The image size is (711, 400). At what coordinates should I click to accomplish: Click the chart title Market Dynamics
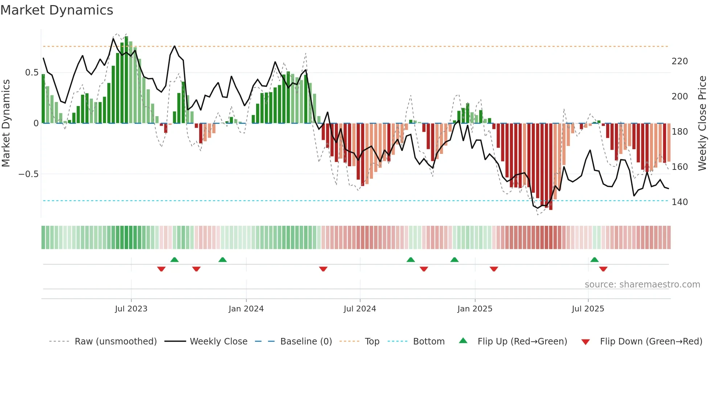point(57,10)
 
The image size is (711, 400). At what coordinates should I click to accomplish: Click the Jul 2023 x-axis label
point(131,309)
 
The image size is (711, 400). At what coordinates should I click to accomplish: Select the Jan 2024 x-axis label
point(246,309)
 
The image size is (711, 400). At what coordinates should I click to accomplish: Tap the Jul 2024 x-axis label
point(359,309)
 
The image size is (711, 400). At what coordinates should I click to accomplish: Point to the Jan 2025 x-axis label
point(474,309)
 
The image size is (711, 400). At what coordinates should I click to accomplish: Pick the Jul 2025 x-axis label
point(588,309)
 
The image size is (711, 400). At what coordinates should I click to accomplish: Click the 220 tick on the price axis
point(679,61)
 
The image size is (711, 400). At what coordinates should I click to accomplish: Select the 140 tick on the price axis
point(679,202)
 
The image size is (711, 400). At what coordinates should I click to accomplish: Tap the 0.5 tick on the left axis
point(32,73)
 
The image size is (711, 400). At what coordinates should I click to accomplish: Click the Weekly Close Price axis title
point(702,123)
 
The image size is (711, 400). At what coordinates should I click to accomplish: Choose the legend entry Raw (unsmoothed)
point(115,342)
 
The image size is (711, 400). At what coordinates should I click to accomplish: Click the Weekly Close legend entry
point(218,342)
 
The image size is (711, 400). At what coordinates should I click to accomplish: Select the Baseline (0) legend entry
point(306,342)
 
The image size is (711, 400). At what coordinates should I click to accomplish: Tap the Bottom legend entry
point(428,342)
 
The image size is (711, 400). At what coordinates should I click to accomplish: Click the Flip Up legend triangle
point(463,341)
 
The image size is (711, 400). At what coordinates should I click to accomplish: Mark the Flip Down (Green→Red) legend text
point(651,342)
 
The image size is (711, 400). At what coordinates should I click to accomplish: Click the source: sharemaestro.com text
point(642,285)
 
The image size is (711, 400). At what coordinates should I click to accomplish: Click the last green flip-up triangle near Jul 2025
point(594,260)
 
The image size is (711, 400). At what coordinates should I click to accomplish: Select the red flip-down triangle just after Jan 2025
point(494,269)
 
